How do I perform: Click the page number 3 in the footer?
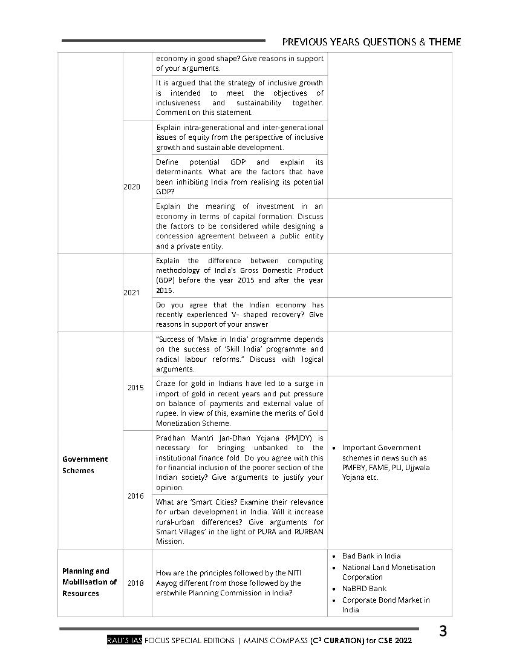click(443, 632)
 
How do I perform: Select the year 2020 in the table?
click(132, 187)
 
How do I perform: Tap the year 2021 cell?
click(132, 293)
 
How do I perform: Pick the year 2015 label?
click(135, 388)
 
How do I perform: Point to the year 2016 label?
click(135, 496)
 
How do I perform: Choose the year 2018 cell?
click(135, 583)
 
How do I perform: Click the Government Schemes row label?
click(85, 465)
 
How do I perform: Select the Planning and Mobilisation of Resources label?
click(89, 582)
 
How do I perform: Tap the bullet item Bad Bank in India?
click(371, 556)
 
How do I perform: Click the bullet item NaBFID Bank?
click(364, 589)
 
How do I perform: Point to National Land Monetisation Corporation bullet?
click(388, 572)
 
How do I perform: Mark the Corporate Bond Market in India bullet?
click(386, 605)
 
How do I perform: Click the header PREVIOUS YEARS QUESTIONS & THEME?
click(371, 42)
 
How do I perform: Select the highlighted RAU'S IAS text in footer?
click(124, 641)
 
